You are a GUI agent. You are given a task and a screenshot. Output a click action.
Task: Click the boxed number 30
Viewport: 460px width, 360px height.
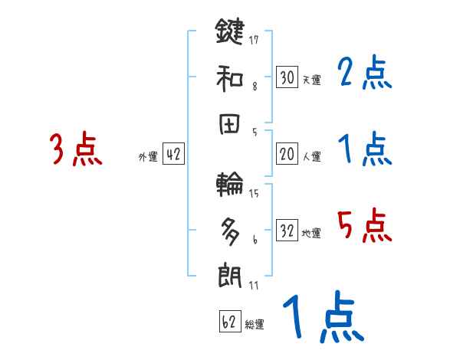point(287,77)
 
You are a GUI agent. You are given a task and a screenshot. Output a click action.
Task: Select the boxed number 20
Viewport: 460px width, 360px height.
point(287,154)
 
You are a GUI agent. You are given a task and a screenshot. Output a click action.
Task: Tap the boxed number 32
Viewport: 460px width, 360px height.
point(287,231)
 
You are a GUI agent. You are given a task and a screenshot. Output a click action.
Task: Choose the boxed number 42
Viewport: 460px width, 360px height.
point(173,154)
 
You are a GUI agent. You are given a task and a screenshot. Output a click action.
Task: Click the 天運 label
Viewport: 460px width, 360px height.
point(311,80)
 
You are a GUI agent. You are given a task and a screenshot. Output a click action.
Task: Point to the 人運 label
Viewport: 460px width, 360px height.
point(311,156)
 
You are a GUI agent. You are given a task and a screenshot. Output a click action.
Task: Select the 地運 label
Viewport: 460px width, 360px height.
point(311,233)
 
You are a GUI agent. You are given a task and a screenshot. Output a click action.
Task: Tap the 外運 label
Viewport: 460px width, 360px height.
point(147,156)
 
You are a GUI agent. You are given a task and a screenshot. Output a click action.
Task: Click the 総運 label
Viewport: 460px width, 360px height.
point(255,324)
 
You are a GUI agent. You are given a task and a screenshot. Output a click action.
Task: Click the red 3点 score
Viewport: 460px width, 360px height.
point(75,149)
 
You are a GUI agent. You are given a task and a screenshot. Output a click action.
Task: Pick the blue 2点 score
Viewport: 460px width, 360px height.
point(365,74)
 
